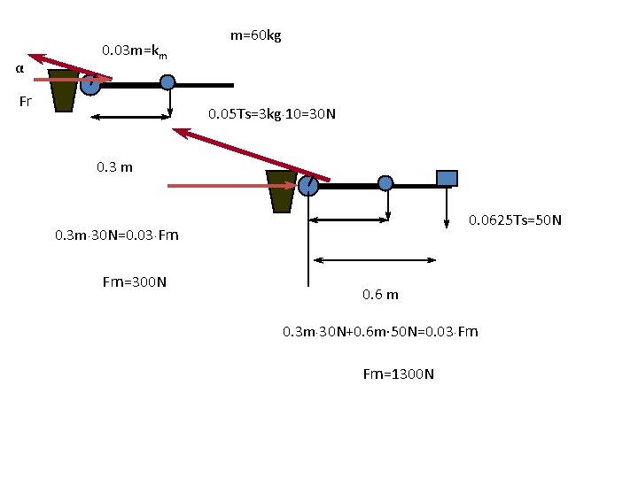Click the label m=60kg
(255, 35)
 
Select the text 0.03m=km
(135, 51)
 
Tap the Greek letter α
(19, 68)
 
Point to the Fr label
(25, 101)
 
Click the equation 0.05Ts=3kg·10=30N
(272, 114)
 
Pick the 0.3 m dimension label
(114, 167)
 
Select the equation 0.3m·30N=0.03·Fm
(117, 235)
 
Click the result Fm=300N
(135, 282)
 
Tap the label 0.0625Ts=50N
(515, 220)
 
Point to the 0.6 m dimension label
(380, 294)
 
